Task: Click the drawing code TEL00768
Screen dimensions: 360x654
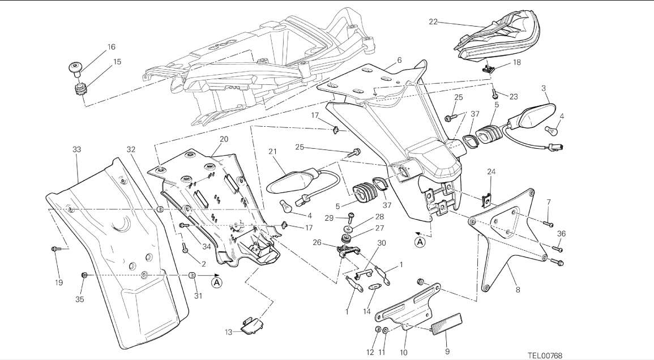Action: (545, 355)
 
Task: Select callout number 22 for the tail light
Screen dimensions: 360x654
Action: (433, 22)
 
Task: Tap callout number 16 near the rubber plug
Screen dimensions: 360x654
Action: (110, 47)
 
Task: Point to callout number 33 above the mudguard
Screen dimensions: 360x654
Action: (77, 149)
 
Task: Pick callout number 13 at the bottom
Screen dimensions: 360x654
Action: (228, 332)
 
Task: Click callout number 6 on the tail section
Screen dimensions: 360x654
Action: (399, 60)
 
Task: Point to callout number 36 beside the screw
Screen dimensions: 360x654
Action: (561, 233)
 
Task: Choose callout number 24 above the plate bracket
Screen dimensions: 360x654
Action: (491, 172)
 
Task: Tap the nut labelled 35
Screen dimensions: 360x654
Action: (84, 275)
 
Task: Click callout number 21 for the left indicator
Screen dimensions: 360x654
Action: (271, 151)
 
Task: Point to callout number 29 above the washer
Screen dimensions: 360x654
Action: (345, 218)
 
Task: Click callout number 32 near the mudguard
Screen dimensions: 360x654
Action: (131, 149)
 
